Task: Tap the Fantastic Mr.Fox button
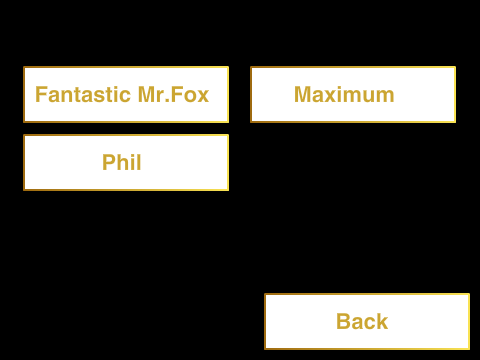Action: click(x=126, y=95)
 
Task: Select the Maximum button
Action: click(x=353, y=95)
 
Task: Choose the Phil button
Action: click(x=126, y=163)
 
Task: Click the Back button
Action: click(x=367, y=322)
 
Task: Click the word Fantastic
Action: click(x=83, y=95)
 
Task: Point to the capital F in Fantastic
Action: click(x=41, y=95)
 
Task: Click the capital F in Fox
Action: click(x=177, y=95)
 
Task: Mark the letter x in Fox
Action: click(x=203, y=97)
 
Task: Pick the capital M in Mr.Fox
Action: click(x=146, y=95)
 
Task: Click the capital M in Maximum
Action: click(x=303, y=95)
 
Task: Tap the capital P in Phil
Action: click(x=109, y=162)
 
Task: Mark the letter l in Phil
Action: click(x=139, y=162)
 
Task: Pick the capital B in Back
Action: click(x=344, y=321)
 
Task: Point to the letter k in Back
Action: click(x=382, y=321)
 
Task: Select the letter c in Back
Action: click(x=369, y=324)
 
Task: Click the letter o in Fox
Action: click(x=190, y=97)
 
